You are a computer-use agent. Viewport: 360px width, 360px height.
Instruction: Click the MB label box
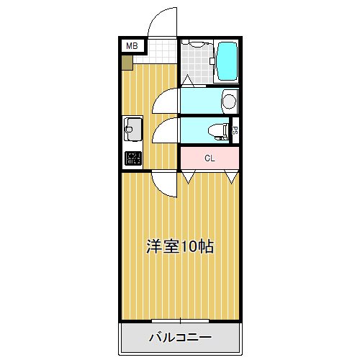(x=132, y=45)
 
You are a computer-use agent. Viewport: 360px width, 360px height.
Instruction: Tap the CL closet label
(x=210, y=158)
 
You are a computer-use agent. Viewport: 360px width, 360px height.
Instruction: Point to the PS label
(x=235, y=130)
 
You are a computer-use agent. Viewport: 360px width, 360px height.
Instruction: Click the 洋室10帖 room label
(x=180, y=246)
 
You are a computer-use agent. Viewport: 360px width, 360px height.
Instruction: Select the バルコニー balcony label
(x=180, y=337)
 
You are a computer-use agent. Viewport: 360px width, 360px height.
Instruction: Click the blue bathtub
(x=227, y=61)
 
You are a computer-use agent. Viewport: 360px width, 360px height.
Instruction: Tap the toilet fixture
(x=217, y=132)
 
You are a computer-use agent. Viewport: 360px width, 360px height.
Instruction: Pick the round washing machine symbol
(x=230, y=101)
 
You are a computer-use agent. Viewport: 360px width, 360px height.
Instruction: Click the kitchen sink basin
(x=132, y=130)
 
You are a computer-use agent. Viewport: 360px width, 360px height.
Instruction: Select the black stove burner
(x=132, y=158)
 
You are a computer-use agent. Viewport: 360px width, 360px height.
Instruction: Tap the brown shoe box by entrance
(x=127, y=63)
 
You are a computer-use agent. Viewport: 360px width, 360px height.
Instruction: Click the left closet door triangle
(x=189, y=177)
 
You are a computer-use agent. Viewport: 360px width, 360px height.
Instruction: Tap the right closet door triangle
(x=232, y=177)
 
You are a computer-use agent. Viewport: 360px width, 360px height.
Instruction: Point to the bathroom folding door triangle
(x=188, y=81)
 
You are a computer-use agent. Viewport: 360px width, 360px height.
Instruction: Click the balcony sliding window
(x=180, y=320)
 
